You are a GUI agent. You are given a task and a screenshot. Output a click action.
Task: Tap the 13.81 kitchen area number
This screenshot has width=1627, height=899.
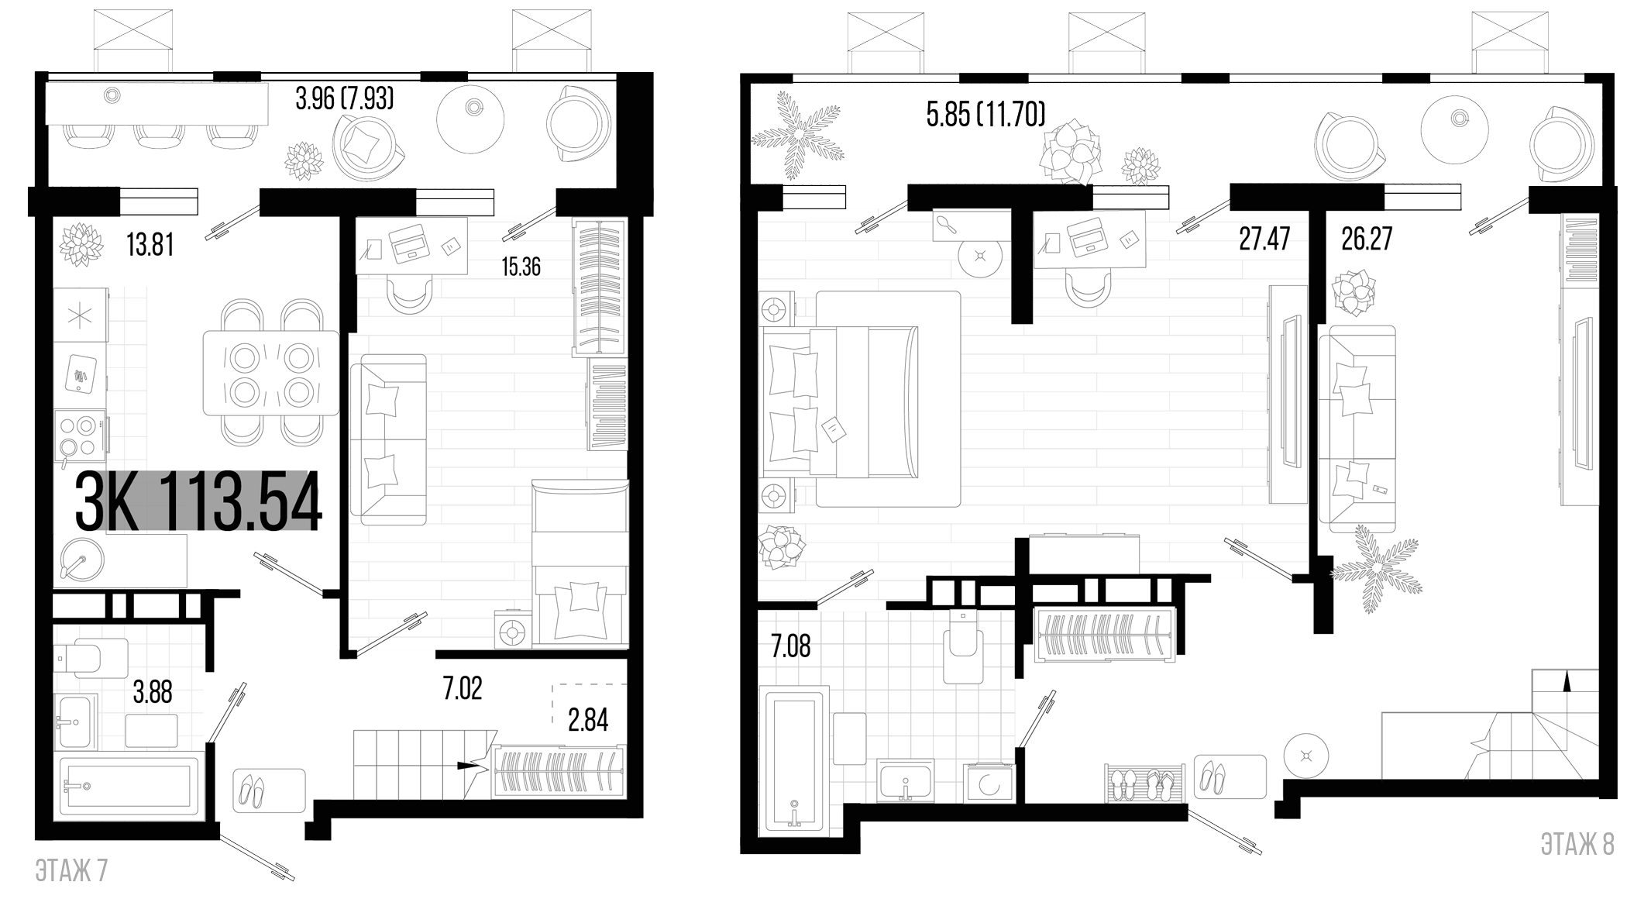pyautogui.click(x=150, y=246)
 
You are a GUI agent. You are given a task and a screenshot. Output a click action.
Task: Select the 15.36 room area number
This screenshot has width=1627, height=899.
pyautogui.click(x=521, y=267)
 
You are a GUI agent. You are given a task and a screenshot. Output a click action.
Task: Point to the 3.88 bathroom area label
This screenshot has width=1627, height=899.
pyautogui.click(x=153, y=692)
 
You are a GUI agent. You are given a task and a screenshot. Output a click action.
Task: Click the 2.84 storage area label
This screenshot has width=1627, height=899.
pyautogui.click(x=588, y=720)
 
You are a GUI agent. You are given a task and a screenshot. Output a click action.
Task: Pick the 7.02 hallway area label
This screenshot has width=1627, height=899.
pyautogui.click(x=462, y=687)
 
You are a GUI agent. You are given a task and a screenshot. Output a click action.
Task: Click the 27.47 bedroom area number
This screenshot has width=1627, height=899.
pyautogui.click(x=1264, y=239)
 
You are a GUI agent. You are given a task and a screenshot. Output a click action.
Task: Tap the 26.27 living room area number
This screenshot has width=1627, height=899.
pyautogui.click(x=1367, y=239)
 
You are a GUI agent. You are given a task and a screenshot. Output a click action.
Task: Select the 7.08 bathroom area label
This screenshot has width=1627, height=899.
pyautogui.click(x=791, y=646)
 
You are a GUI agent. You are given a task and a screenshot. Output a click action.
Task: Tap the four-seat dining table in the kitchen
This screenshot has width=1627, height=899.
pyautogui.click(x=271, y=373)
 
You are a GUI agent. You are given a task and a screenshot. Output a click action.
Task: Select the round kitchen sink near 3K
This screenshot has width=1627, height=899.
pyautogui.click(x=78, y=556)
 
